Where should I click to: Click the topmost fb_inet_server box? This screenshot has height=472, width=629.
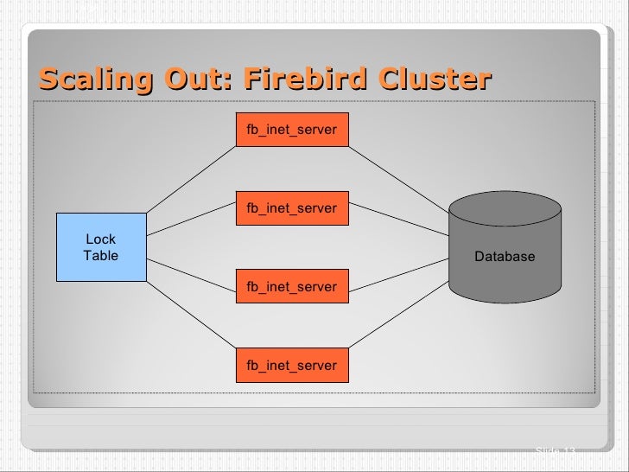click(292, 130)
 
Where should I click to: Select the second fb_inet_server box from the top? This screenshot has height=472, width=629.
click(292, 208)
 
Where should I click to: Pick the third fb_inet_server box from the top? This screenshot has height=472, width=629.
click(292, 286)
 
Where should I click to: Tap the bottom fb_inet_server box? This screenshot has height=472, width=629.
click(292, 365)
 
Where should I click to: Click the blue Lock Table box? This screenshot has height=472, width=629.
click(100, 247)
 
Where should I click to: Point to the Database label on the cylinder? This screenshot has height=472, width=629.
click(505, 257)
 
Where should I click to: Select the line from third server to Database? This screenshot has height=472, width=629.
click(397, 275)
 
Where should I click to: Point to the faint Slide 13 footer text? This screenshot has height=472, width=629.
click(555, 451)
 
